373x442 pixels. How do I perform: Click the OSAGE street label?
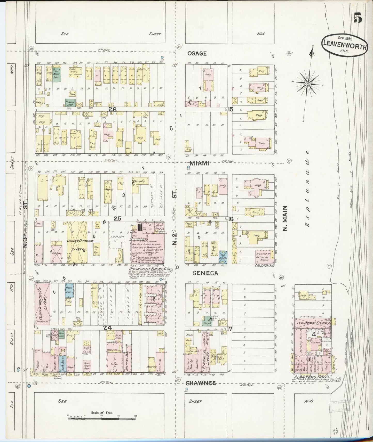pyautogui.click(x=197, y=53)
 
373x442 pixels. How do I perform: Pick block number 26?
pyautogui.click(x=113, y=109)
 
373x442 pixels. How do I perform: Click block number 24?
pyautogui.click(x=107, y=328)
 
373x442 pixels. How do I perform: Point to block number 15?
pyautogui.click(x=230, y=109)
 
